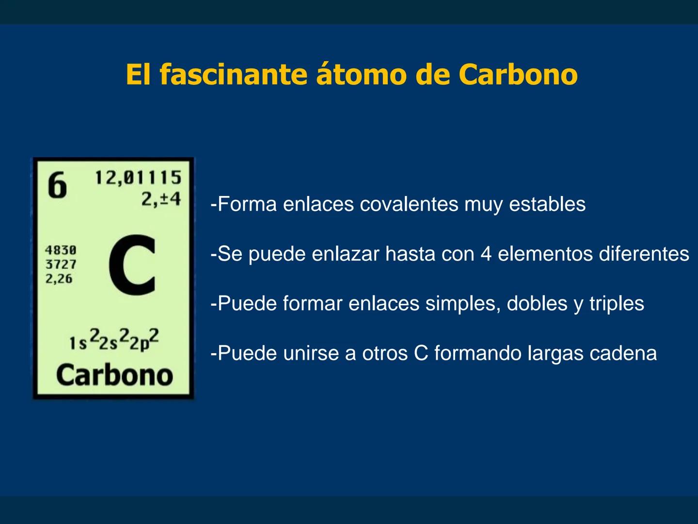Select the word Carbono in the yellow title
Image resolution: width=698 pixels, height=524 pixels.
tap(518, 74)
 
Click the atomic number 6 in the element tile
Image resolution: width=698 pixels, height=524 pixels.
tap(57, 186)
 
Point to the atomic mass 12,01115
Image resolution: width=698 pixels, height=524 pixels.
tap(138, 178)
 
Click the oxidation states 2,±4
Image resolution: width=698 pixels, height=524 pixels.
tap(161, 199)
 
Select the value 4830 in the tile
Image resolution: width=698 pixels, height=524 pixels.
tap(61, 250)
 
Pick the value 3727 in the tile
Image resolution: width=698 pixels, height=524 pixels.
tap(61, 264)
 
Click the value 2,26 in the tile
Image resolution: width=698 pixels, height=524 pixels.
tap(59, 279)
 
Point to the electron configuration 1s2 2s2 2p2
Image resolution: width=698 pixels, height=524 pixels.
tap(114, 340)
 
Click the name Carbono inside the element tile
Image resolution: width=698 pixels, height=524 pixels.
tap(114, 375)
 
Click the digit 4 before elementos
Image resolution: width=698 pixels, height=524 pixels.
tap(486, 254)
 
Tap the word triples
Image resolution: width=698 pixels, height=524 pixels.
tap(616, 304)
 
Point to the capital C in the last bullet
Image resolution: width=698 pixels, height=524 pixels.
tap(421, 353)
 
